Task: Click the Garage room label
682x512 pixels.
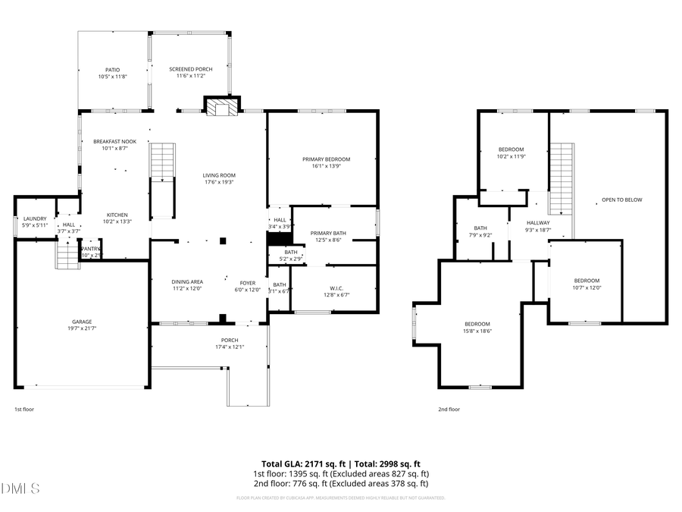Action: point(82,322)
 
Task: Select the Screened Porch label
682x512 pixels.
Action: point(190,69)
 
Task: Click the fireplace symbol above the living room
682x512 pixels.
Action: point(222,107)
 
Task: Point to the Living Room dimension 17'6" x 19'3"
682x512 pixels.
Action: point(218,182)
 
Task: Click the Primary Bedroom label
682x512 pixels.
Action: point(326,159)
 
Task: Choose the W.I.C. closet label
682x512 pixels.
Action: point(336,288)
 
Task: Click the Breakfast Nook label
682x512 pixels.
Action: point(114,142)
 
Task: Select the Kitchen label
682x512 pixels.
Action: point(117,215)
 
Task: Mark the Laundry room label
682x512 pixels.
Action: point(35,219)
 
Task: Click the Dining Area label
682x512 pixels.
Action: point(187,282)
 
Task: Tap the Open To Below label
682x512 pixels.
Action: point(621,200)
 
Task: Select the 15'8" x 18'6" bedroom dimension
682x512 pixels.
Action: point(477,331)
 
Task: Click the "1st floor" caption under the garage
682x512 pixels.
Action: point(23,409)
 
